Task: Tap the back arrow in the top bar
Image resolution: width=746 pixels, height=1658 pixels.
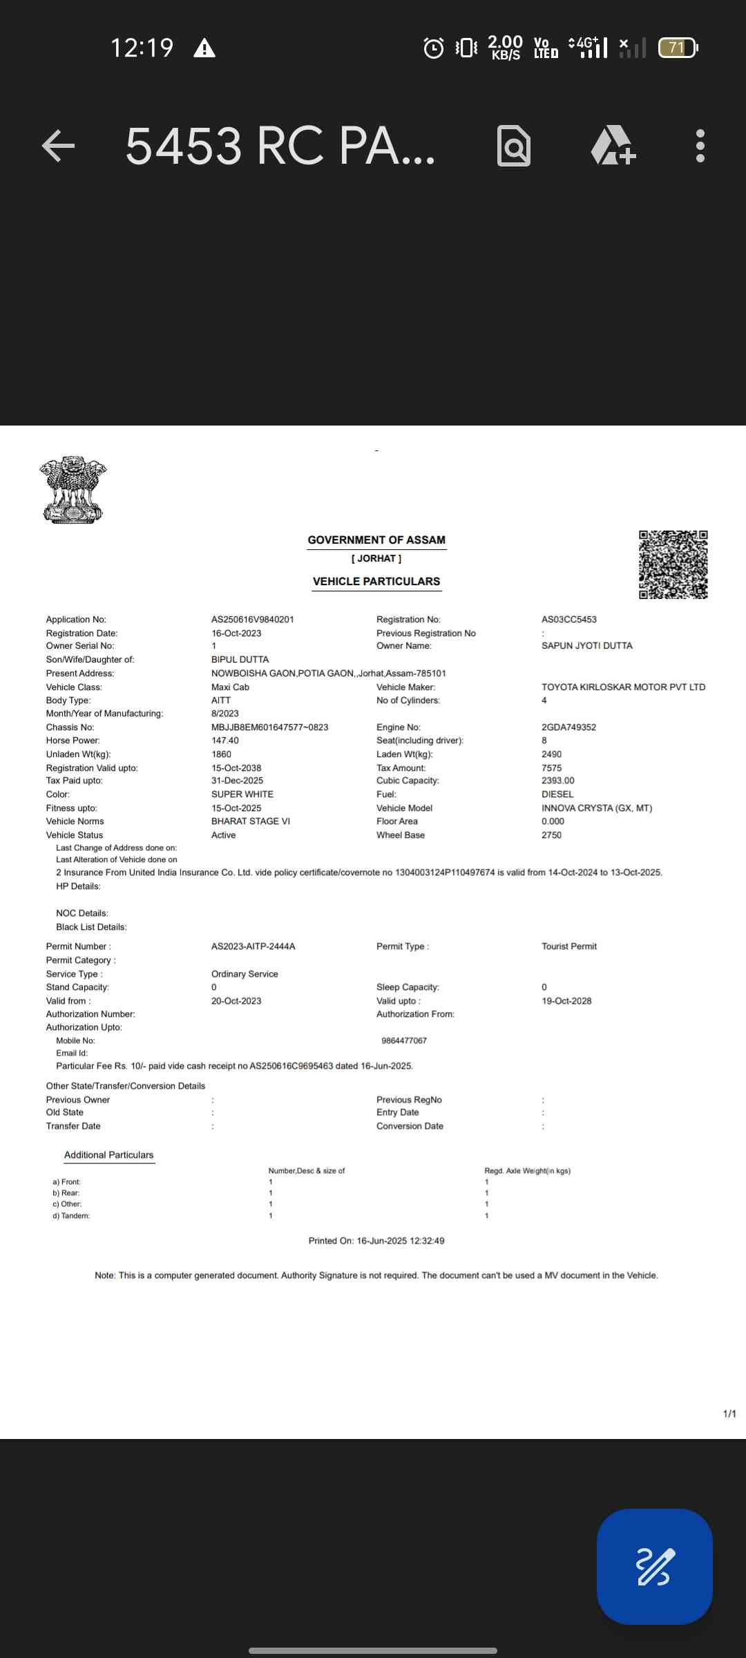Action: (x=59, y=146)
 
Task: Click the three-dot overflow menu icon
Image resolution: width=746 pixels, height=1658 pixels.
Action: (x=700, y=146)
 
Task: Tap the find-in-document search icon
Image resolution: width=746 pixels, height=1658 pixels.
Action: (x=514, y=146)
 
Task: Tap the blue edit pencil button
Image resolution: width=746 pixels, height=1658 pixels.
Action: (x=654, y=1566)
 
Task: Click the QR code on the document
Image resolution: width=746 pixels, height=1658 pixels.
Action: (x=673, y=564)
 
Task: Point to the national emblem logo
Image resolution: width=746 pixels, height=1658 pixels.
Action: (x=73, y=489)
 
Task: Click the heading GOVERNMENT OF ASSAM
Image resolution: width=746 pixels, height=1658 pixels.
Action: (x=376, y=540)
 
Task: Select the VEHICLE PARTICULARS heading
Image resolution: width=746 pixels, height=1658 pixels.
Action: (x=376, y=582)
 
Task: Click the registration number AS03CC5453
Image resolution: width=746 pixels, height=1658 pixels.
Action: (x=569, y=620)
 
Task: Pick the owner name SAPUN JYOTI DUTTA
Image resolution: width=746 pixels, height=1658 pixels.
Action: (x=587, y=646)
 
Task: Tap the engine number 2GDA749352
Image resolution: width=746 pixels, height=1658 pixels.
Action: (x=569, y=727)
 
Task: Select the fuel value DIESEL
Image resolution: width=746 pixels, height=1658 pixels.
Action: (x=557, y=794)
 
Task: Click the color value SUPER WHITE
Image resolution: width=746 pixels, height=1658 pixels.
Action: (x=242, y=794)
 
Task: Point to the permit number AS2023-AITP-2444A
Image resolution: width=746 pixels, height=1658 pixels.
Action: (x=254, y=946)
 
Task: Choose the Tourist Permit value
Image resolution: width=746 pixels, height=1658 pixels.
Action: (x=569, y=946)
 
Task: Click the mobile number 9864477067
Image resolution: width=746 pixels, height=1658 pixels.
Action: (x=404, y=1040)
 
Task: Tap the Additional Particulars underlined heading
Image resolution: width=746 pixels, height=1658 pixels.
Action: (x=109, y=1155)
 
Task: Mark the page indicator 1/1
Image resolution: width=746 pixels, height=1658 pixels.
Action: (x=729, y=1414)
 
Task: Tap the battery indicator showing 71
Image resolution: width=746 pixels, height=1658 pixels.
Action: (x=678, y=48)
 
